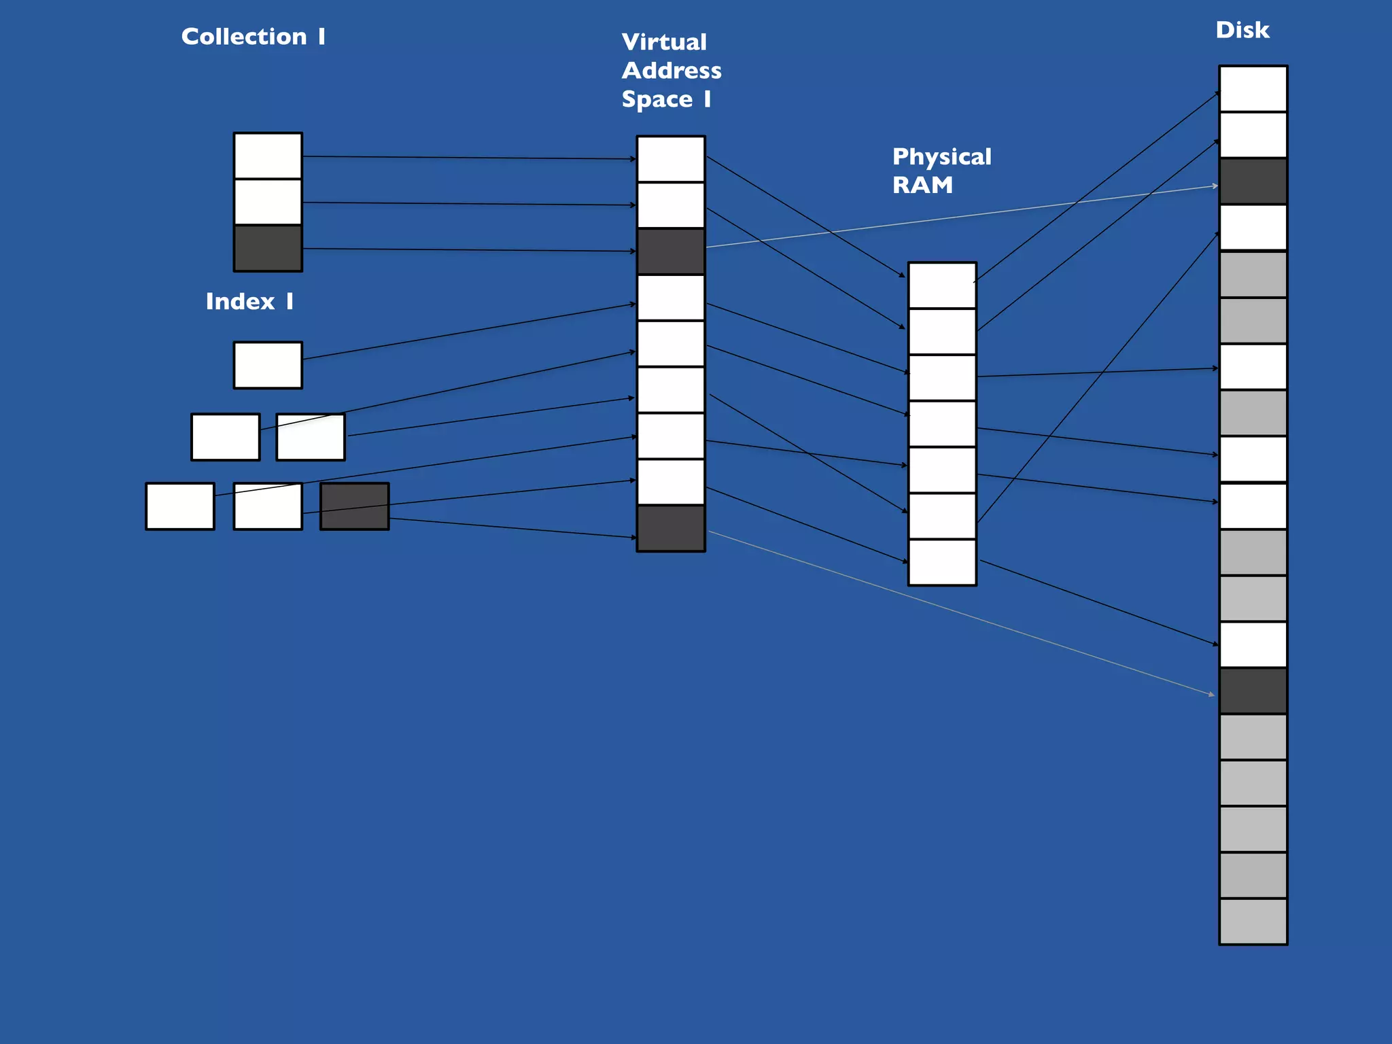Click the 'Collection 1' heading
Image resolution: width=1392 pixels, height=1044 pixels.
click(253, 37)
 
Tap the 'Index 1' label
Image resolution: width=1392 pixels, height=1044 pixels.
click(249, 302)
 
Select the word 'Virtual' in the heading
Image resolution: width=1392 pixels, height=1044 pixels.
click(664, 42)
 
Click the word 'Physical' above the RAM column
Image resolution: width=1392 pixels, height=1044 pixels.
click(941, 157)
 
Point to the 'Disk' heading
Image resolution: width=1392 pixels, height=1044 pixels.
click(1242, 31)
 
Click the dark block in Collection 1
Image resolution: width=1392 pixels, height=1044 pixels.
click(268, 248)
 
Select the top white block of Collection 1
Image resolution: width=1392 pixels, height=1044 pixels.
click(268, 156)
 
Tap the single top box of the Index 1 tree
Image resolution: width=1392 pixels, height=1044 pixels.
click(268, 365)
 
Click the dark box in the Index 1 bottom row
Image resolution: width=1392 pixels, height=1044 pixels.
click(354, 506)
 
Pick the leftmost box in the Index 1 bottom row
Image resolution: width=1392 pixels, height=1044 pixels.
click(180, 506)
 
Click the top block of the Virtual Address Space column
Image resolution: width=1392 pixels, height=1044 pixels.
click(670, 159)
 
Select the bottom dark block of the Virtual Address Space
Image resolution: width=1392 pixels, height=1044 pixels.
click(670, 528)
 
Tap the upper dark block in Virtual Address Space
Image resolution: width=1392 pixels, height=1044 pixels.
click(670, 251)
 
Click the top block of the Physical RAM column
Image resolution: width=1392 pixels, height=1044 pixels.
click(942, 285)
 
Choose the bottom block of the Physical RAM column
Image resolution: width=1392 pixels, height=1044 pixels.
click(942, 562)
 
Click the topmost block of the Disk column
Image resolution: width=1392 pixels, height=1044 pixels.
click(1253, 89)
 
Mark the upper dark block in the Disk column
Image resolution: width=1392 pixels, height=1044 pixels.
click(1253, 181)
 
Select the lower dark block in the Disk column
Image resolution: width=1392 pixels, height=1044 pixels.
click(1253, 691)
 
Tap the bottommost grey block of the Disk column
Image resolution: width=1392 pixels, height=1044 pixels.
click(1253, 922)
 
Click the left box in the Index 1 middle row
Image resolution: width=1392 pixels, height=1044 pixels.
click(225, 437)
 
